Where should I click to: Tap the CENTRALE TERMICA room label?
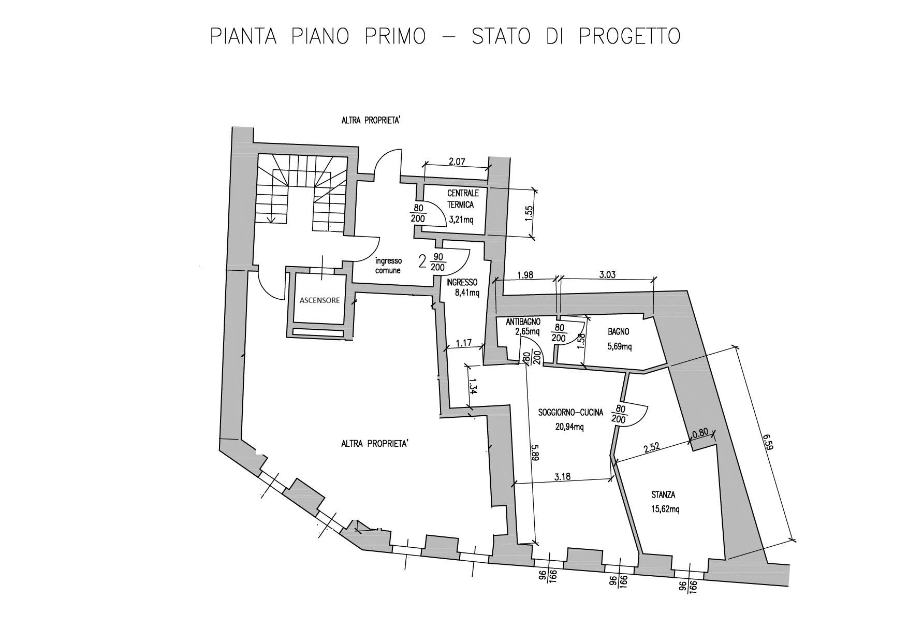463,199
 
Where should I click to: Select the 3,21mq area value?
461,219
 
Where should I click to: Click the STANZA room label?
663,495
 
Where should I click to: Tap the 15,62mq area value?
665,509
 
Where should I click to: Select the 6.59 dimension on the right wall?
768,456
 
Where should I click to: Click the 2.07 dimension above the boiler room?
457,162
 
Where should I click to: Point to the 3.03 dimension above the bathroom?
607,275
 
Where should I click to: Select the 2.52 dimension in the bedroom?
652,448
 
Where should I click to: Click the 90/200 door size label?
438,262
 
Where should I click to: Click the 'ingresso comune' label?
388,266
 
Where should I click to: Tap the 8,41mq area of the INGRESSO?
467,293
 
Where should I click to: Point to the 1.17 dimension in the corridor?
464,342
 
